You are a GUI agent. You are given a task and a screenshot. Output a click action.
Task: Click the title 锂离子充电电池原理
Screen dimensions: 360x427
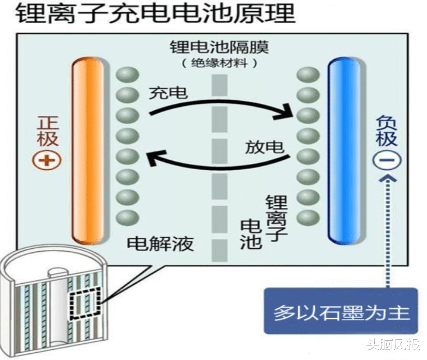click(x=155, y=14)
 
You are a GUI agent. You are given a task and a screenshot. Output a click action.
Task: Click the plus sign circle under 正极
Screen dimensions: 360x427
click(x=46, y=160)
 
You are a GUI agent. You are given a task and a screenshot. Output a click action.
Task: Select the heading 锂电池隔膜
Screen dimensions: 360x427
click(x=219, y=48)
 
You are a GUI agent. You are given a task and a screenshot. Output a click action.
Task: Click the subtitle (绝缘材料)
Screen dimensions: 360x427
click(x=219, y=63)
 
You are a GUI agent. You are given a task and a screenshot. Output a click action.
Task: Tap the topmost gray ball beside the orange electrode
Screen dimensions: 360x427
click(x=128, y=74)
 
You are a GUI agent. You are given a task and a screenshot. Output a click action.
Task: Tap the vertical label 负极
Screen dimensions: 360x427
click(x=387, y=130)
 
